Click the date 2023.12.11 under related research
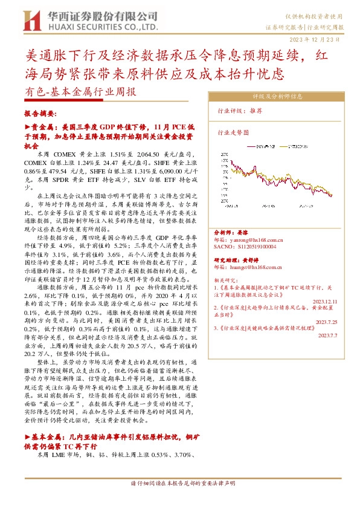[x=329, y=302]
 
